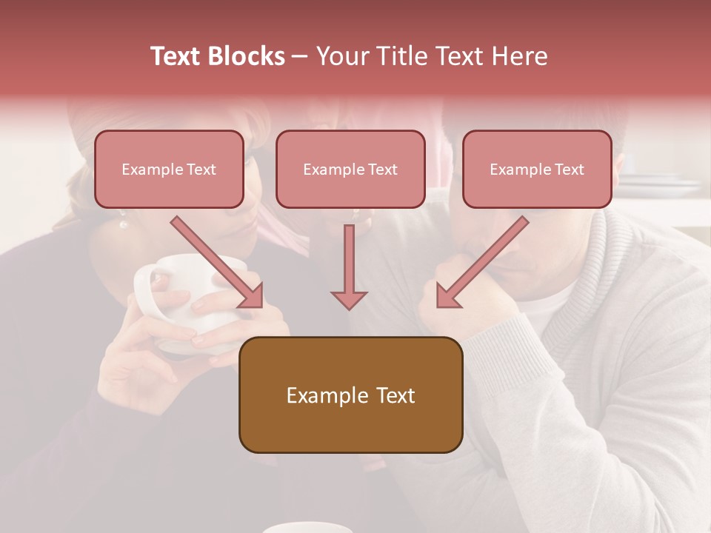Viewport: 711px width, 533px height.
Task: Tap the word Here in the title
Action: (518, 56)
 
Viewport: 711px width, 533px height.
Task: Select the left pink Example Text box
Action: (169, 169)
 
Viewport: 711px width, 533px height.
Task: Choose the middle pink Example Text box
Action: (350, 169)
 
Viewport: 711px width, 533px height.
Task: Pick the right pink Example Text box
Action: (537, 169)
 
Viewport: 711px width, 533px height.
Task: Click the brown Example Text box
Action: (350, 395)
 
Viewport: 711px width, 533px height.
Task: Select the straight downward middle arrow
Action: (349, 266)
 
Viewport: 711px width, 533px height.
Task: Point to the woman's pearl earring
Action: (124, 223)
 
